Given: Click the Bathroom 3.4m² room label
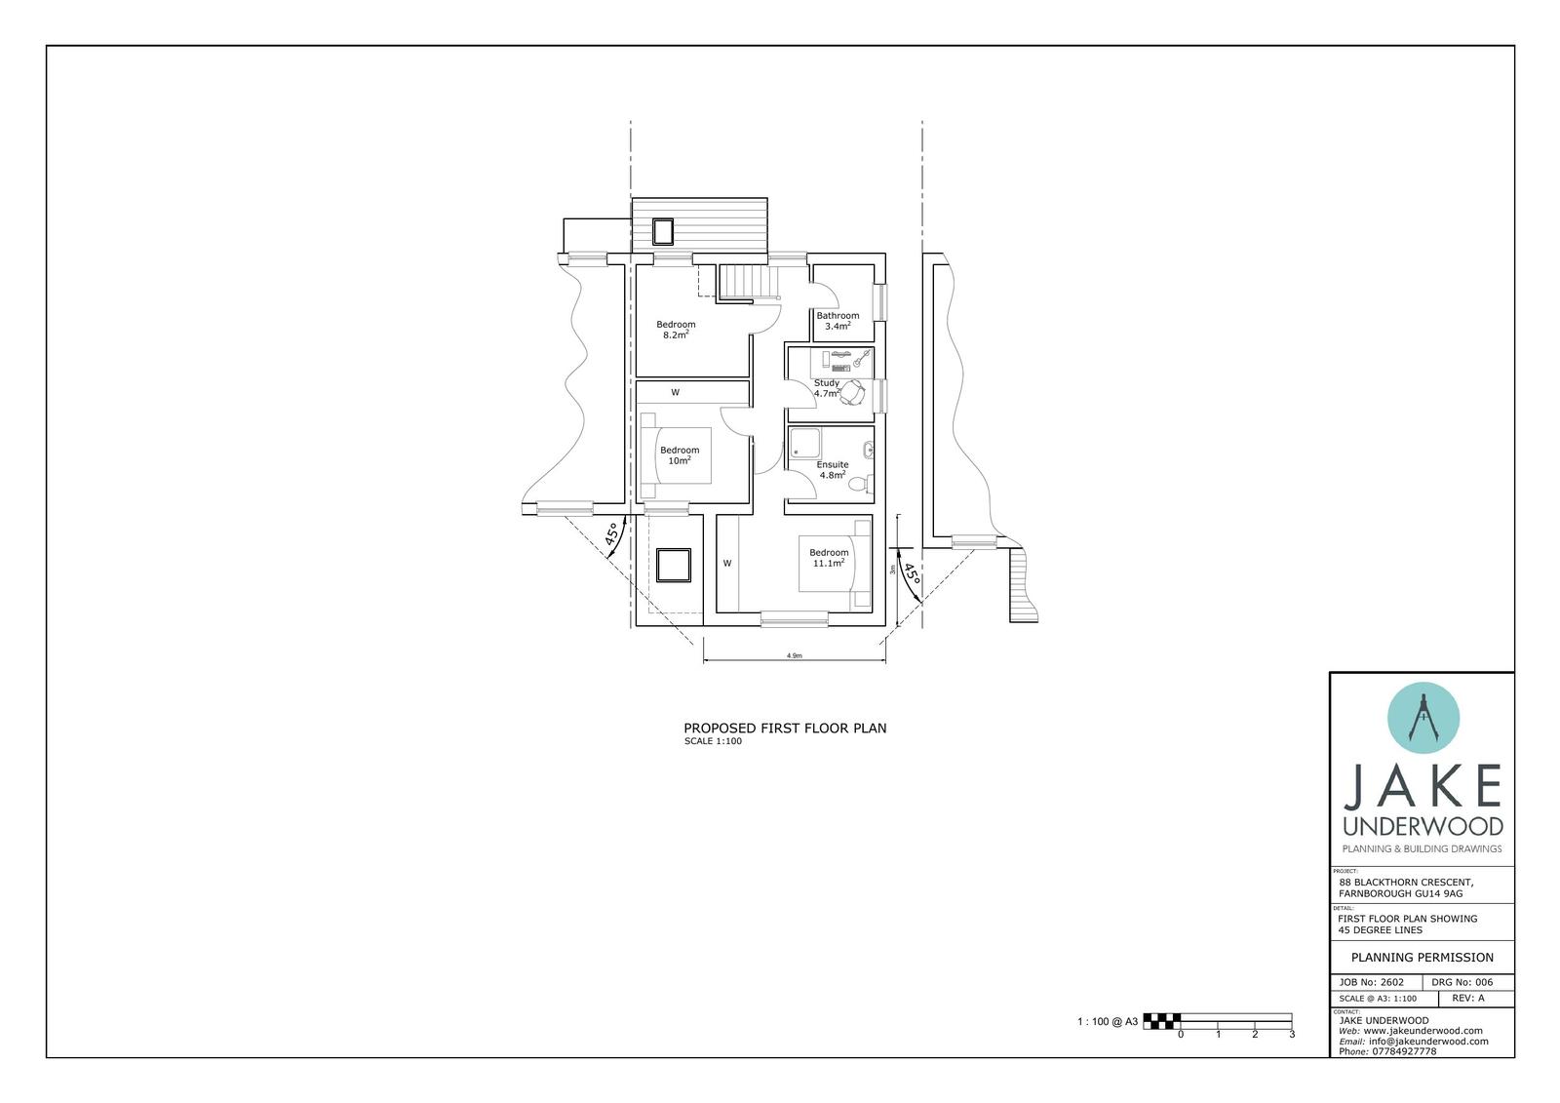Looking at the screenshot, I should tap(838, 321).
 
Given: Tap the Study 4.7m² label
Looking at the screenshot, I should tap(827, 388).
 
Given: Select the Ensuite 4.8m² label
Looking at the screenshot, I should tap(832, 470).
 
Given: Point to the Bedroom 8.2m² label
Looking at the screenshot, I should tap(676, 330).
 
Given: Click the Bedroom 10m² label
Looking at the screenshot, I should tap(680, 455).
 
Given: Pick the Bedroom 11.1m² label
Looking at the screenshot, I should tap(829, 558).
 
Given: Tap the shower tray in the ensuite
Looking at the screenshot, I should tap(804, 443).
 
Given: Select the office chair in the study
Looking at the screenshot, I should tap(854, 392).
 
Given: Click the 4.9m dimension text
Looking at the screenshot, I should tap(794, 656).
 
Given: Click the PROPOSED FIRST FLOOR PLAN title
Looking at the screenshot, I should tap(785, 729).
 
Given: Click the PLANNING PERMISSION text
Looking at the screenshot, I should tap(1422, 958).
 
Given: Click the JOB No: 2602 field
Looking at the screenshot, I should tap(1372, 982).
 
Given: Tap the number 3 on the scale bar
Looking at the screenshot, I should tap(1292, 1035).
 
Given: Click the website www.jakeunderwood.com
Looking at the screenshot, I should tap(1422, 1031).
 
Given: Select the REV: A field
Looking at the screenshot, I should tap(1468, 999).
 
